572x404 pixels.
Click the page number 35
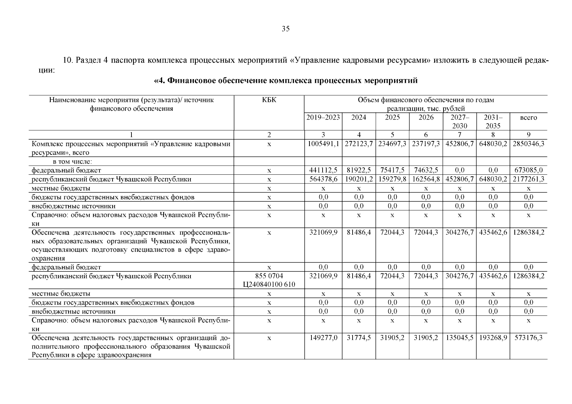[285, 29]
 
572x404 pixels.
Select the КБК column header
[269, 100]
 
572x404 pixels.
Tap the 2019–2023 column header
[323, 117]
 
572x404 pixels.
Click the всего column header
[528, 117]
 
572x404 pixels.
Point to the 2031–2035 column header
[493, 122]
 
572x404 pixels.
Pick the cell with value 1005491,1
[323, 144]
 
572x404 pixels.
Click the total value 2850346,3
[528, 144]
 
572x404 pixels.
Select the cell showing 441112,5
[323, 170]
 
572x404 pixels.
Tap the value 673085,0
[528, 170]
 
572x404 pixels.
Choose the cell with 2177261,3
[528, 179]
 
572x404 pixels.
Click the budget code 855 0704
[269, 276]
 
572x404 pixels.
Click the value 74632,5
[426, 170]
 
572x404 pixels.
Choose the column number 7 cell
[459, 135]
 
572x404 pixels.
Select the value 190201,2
[359, 179]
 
